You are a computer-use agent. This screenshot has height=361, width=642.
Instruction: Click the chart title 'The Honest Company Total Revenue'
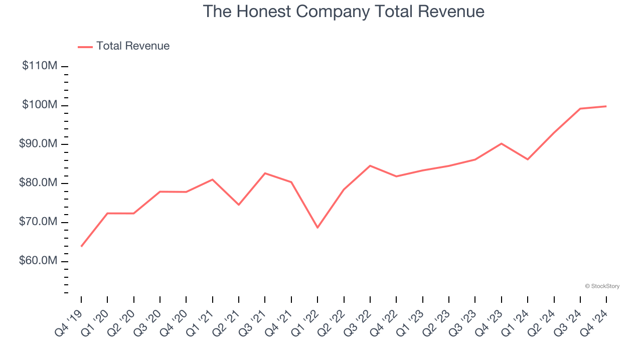[344, 12]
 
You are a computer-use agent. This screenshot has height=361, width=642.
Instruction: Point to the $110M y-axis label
[40, 66]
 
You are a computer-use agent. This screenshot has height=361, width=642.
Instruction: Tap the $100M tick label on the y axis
[40, 105]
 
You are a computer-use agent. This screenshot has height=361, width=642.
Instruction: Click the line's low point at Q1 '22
[317, 228]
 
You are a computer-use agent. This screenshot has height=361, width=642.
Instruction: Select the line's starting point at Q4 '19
[81, 246]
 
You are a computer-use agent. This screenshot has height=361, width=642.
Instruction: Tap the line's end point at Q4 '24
[606, 106]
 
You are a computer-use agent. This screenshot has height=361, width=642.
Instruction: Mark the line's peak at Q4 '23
[501, 143]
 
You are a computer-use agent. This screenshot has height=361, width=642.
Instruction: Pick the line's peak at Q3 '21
[265, 173]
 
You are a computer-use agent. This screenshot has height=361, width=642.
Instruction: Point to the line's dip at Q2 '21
[239, 205]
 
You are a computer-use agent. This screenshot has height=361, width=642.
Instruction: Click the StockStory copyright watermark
[602, 286]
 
